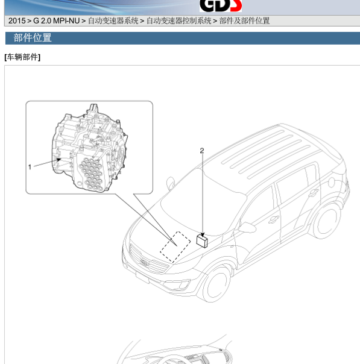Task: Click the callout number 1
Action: click(30, 167)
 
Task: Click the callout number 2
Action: click(202, 151)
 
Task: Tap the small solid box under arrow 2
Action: click(202, 241)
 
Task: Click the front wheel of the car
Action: click(215, 285)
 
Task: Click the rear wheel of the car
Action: click(326, 222)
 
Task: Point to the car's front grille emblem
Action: click(144, 263)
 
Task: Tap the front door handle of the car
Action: click(274, 219)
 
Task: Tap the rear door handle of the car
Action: click(314, 192)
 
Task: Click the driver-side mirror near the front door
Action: click(247, 228)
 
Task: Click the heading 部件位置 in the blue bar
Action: click(33, 38)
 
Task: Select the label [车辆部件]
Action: click(22, 57)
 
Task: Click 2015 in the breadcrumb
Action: click(17, 21)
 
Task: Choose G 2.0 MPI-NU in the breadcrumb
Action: click(57, 21)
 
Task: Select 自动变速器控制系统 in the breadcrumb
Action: click(179, 21)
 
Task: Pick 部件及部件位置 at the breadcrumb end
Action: click(244, 21)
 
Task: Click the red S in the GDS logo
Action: click(236, 5)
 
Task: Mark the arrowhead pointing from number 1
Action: click(58, 160)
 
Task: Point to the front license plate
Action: click(142, 277)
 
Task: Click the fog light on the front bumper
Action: click(185, 285)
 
